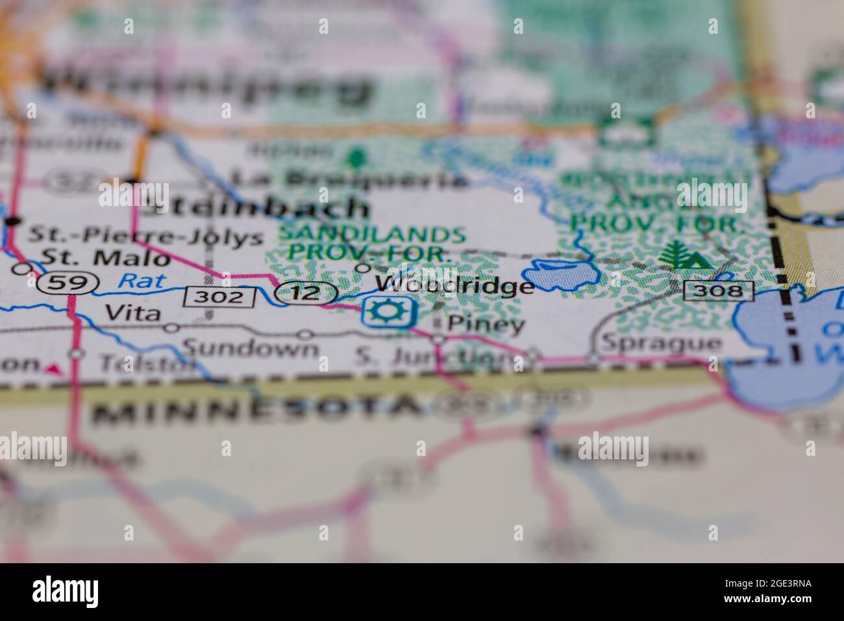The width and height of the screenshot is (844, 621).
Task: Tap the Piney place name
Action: [x=486, y=324]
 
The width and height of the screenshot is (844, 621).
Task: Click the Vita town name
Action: [x=132, y=312]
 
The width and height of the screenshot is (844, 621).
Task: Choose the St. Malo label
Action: [x=105, y=258]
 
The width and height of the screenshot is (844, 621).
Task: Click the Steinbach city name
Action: [x=255, y=207]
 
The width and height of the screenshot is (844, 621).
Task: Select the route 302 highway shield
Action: [x=218, y=298]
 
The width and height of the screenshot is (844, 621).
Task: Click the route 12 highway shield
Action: [x=306, y=293]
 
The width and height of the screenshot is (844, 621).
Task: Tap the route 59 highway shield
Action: [x=68, y=283]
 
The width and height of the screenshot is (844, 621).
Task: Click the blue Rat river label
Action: [x=142, y=281]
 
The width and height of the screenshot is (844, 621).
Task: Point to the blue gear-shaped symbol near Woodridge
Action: [x=388, y=312]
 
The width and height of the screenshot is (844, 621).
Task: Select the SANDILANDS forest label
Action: [x=373, y=234]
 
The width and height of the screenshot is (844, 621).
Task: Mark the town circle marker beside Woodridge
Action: [x=364, y=268]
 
